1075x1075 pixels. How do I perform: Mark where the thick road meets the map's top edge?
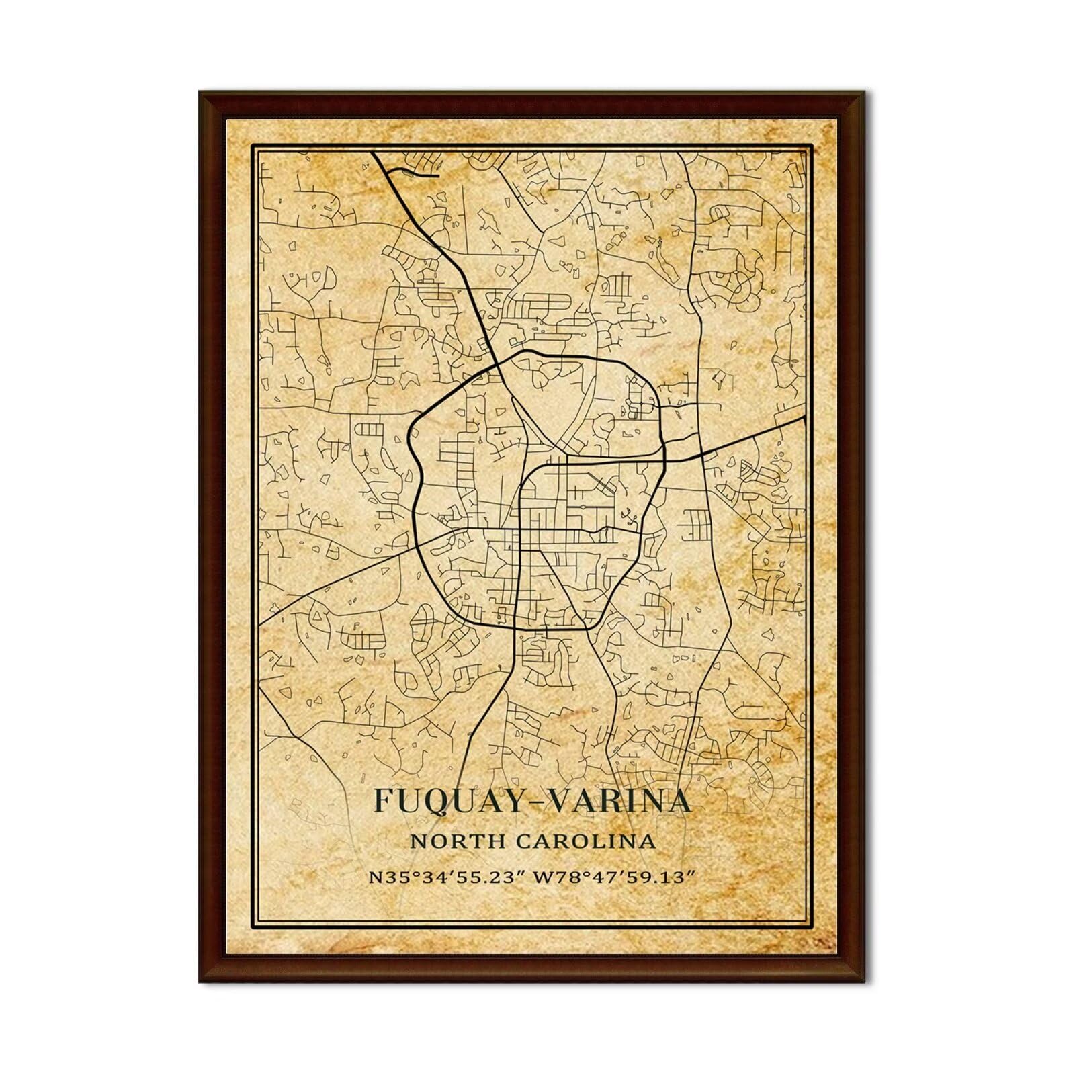tap(373, 153)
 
